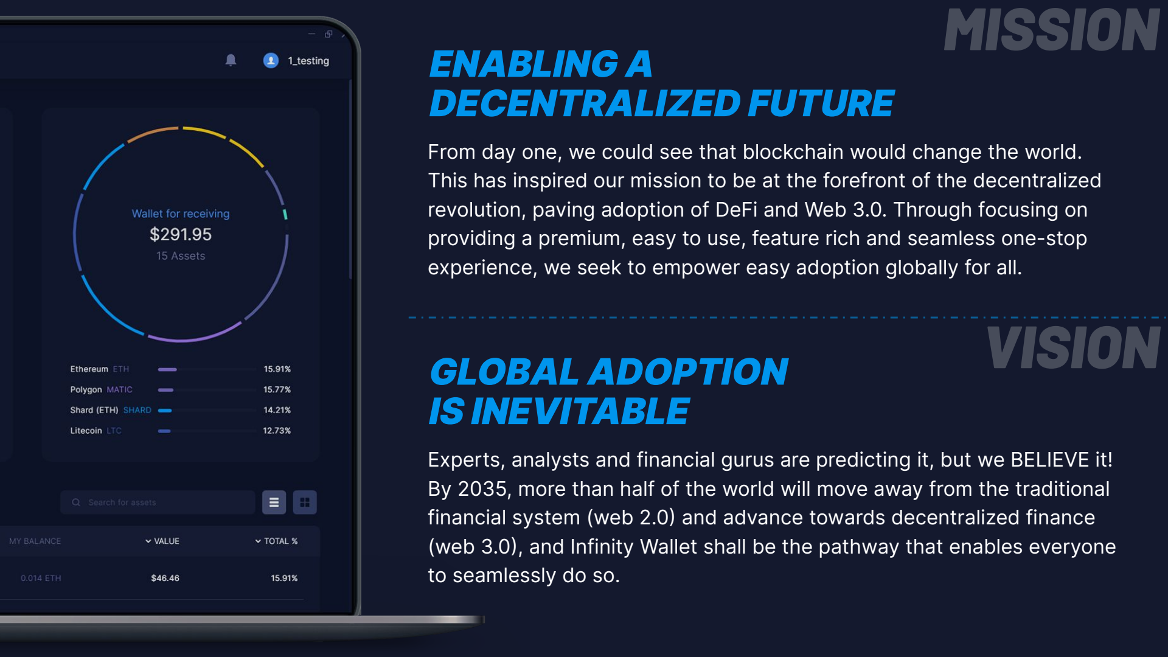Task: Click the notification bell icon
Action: tap(231, 60)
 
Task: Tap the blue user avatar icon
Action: tap(271, 60)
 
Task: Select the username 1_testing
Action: tap(308, 61)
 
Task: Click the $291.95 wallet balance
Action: tap(181, 234)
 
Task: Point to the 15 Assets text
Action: tap(181, 256)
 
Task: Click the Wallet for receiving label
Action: tap(181, 214)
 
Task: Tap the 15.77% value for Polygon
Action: tap(277, 389)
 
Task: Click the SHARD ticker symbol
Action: tap(137, 410)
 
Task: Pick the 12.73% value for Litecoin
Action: tap(277, 431)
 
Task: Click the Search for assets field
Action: tap(158, 502)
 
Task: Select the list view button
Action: tap(274, 502)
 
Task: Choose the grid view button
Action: tap(305, 502)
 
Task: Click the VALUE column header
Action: tap(162, 541)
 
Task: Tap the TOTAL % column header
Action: tap(277, 541)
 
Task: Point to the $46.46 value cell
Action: tap(165, 578)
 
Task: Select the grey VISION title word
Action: tap(1073, 348)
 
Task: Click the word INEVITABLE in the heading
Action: tap(580, 411)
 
